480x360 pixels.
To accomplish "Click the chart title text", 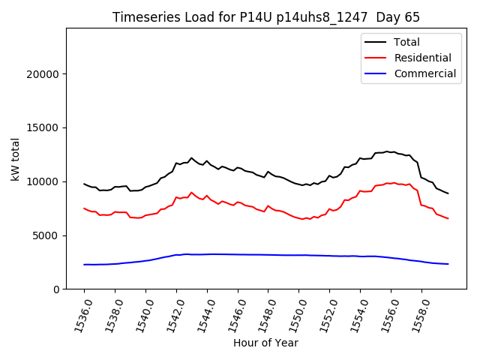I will point(266,17).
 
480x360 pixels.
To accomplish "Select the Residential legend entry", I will point(422,58).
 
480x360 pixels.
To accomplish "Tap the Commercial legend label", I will point(424,73).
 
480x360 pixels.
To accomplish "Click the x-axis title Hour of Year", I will point(265,343).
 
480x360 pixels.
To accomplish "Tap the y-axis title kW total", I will point(15,158).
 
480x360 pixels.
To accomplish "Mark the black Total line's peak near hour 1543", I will point(191,158).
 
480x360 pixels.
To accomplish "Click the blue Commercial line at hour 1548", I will point(268,255).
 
